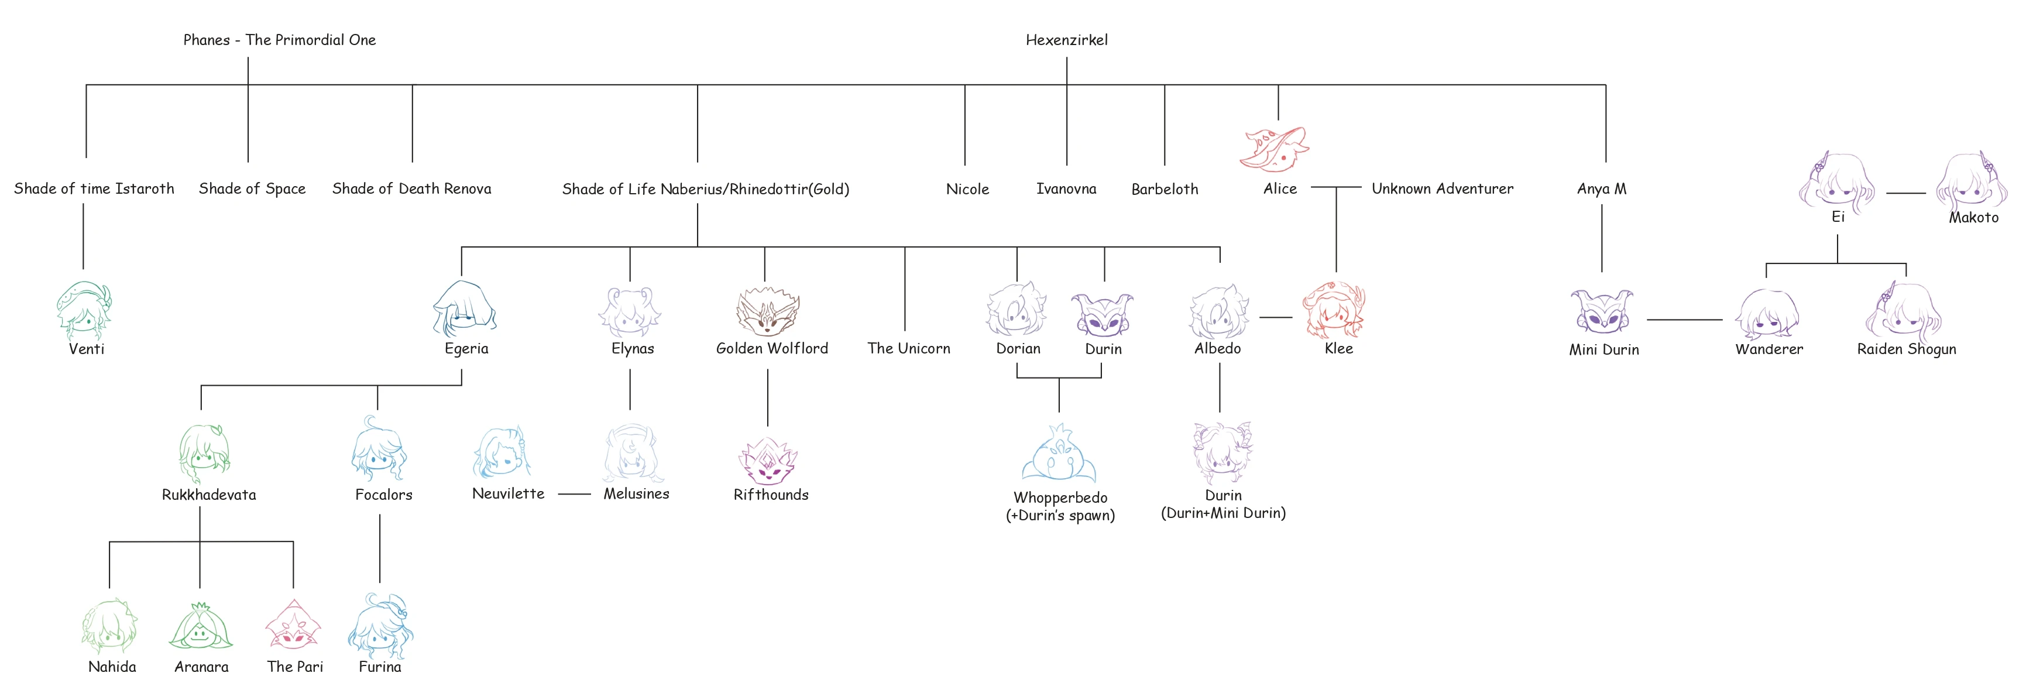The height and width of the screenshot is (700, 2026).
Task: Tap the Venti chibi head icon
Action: (83, 309)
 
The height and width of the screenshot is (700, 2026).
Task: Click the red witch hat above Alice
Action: (1274, 149)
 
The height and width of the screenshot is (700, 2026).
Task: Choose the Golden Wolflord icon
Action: (768, 311)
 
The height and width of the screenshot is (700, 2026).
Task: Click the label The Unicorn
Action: (908, 348)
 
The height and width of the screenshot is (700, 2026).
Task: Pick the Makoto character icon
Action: (1971, 183)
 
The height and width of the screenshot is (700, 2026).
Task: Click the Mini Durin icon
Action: (1601, 311)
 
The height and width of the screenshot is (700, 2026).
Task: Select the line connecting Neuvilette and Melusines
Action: (574, 494)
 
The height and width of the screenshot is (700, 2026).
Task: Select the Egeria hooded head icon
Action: (464, 309)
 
